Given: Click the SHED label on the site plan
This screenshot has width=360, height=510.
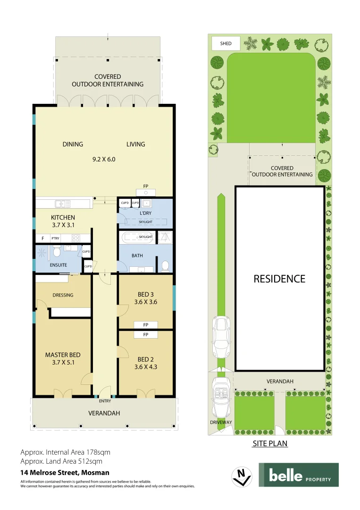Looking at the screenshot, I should click(x=226, y=43).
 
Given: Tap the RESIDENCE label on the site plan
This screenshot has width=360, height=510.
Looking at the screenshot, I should click(x=279, y=279).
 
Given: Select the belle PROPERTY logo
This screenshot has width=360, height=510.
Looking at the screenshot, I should click(x=298, y=475).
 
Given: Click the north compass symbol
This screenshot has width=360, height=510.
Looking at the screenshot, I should click(x=242, y=476).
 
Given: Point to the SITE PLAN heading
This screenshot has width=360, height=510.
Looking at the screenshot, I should click(x=270, y=444).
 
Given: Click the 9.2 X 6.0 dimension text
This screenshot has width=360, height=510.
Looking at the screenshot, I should click(x=104, y=159).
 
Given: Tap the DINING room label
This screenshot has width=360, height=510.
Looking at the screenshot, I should click(x=73, y=144).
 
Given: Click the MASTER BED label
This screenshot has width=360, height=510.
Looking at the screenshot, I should click(x=62, y=355).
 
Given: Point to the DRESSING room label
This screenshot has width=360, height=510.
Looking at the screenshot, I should click(x=63, y=295).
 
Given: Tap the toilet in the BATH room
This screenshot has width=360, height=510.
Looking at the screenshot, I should click(x=165, y=267).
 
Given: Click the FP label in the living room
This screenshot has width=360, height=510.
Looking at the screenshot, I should click(x=146, y=186).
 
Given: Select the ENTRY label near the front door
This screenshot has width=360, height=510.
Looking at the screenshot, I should click(x=105, y=401).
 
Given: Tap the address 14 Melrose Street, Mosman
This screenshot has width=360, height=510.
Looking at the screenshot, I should click(x=65, y=472).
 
